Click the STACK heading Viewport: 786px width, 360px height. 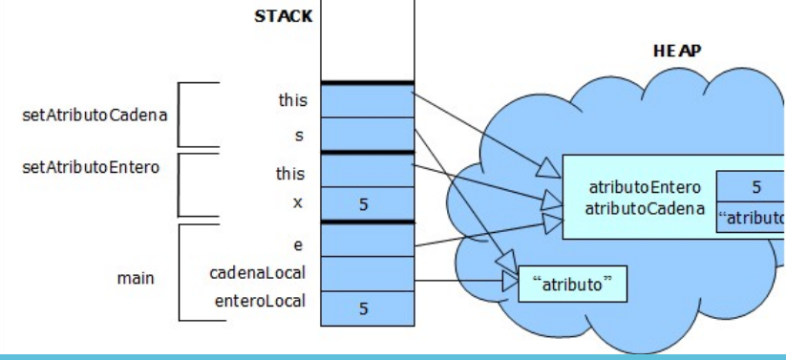pyautogui.click(x=283, y=16)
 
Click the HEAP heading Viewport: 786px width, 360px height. pyautogui.click(x=677, y=51)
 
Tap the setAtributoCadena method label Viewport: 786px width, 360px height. pyautogui.click(x=95, y=116)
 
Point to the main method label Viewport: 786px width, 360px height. pyautogui.click(x=136, y=279)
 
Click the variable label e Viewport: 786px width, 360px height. pyautogui.click(x=300, y=244)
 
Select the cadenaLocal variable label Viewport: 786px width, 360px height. pyautogui.click(x=258, y=273)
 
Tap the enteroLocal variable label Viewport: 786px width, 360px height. pyautogui.click(x=260, y=302)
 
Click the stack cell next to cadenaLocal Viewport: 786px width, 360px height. pyautogui.click(x=367, y=274)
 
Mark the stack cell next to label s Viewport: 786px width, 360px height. pyautogui.click(x=367, y=135)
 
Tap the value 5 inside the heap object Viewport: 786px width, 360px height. pyautogui.click(x=754, y=187)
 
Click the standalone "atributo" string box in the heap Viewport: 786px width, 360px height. pyautogui.click(x=573, y=284)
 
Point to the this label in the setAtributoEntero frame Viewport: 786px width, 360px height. pyautogui.click(x=290, y=174)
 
